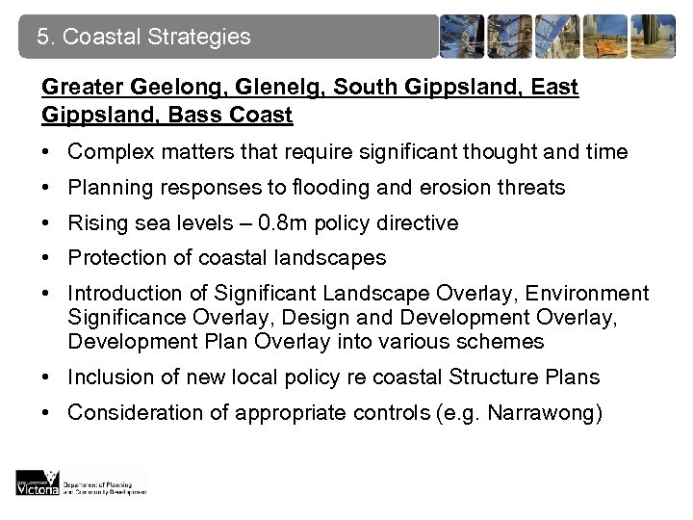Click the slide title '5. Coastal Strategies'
[x=143, y=38]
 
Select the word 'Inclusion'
[x=107, y=377]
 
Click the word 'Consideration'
[x=128, y=412]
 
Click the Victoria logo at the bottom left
[x=38, y=481]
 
